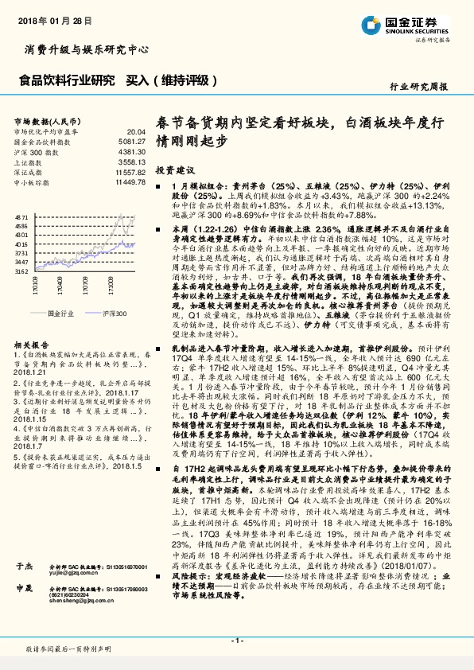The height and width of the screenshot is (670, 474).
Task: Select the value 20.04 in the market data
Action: pyautogui.click(x=136, y=132)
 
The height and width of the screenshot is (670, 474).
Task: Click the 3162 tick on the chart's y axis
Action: pyautogui.click(x=21, y=272)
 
